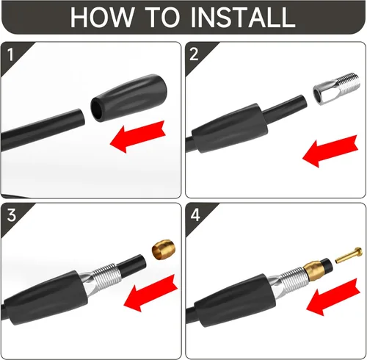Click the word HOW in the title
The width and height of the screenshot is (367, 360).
[x=102, y=17]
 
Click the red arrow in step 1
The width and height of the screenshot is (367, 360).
[x=138, y=137]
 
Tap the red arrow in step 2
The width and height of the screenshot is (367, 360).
[x=330, y=151]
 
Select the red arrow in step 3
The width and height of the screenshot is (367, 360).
[x=150, y=293]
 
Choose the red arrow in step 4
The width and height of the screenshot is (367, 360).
[x=333, y=297]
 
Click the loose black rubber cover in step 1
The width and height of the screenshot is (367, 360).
[x=129, y=98]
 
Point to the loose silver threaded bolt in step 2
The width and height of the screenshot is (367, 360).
[x=337, y=88]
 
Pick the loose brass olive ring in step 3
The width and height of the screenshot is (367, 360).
[x=164, y=249]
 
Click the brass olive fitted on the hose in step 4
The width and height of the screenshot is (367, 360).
[x=314, y=270]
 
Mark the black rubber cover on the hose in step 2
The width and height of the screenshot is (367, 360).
[x=230, y=128]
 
